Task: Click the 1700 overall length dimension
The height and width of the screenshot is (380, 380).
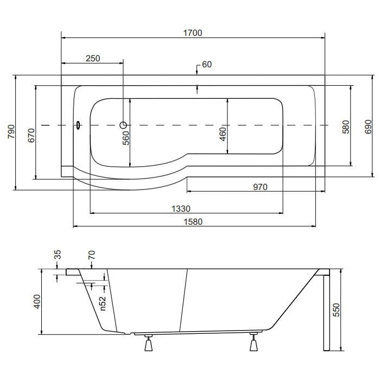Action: [192, 33]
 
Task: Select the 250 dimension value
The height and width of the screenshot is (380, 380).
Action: [93, 59]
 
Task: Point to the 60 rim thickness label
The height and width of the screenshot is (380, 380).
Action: [206, 65]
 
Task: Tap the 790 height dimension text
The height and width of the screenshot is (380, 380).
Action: [10, 132]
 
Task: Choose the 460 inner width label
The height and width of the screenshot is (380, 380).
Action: [223, 132]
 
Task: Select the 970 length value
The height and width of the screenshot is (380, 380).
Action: [260, 187]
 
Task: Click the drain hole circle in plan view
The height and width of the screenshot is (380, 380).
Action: [123, 125]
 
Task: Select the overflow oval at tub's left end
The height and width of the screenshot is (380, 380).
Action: [79, 125]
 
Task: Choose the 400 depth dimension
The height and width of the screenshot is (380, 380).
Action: [37, 302]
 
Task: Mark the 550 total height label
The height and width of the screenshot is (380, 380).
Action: [337, 309]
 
